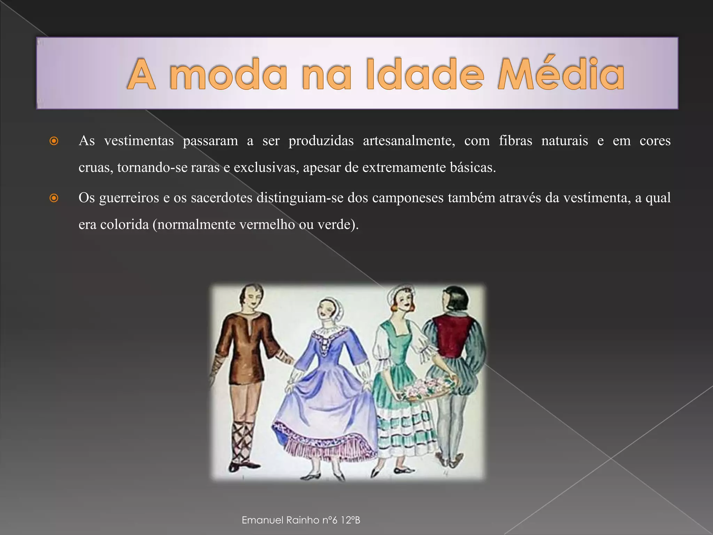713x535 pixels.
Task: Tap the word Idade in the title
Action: point(425,74)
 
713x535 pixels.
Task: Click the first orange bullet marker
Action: point(54,141)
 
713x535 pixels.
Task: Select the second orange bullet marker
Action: point(54,198)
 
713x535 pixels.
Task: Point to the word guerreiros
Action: point(129,198)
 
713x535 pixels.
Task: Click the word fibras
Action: point(515,141)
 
